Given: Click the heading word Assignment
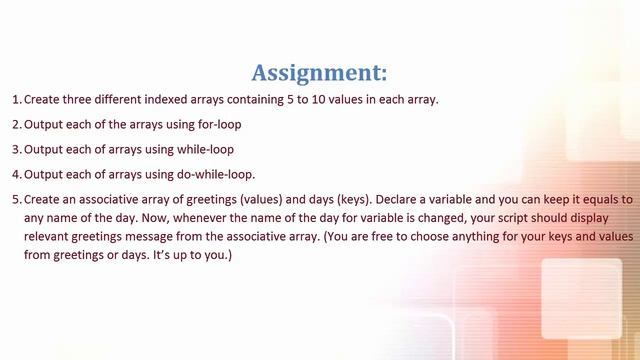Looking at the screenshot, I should [x=316, y=73].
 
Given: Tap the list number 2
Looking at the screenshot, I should [x=15, y=124].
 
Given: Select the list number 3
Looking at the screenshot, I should [x=15, y=149].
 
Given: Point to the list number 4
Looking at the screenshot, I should [x=15, y=174].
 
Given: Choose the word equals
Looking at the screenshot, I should [x=593, y=199].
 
